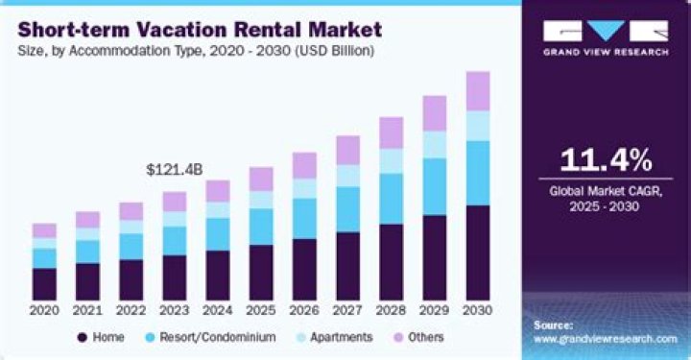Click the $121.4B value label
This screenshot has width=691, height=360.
pos(175,169)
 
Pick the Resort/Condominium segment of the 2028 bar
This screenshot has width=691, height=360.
pos(392,199)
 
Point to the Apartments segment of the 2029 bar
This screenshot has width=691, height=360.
pos(435,144)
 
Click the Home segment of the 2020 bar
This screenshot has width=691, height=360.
pos(44,283)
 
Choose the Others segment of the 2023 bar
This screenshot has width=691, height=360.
pos(175,202)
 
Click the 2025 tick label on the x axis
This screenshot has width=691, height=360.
pos(261,311)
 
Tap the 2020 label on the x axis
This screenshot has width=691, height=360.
pos(44,311)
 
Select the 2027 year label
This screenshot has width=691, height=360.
pos(347,311)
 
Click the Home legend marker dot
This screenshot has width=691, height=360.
pos(83,338)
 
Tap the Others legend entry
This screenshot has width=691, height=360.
pos(420,338)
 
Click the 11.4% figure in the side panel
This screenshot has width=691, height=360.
pos(607,158)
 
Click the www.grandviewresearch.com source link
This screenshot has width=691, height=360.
pos(605,339)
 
